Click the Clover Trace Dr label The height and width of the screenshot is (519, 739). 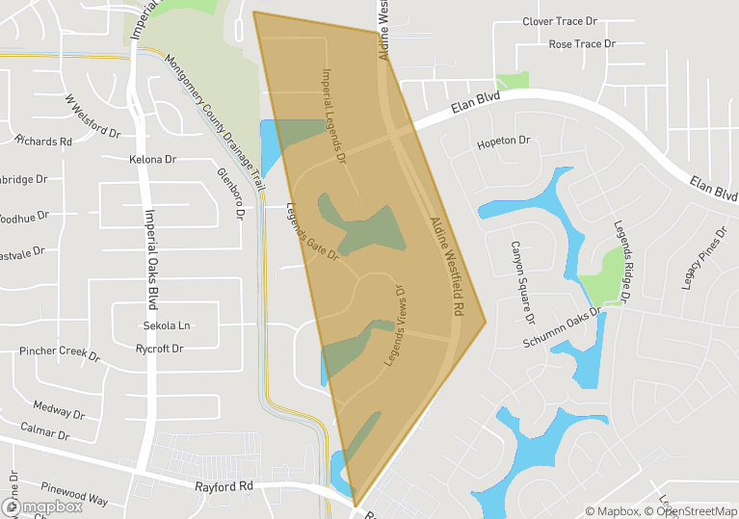pos(560,20)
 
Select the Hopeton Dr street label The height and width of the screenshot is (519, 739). pos(504,142)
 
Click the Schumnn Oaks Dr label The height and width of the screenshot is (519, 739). pos(564,328)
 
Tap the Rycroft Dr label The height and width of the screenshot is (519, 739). pos(159,348)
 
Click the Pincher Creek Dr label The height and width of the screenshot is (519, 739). pos(59,352)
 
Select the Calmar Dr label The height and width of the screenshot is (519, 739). pos(45,429)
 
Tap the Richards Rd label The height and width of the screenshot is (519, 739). pos(44,141)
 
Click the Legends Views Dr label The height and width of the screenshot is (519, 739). pos(398,324)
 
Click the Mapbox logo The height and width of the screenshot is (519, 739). pos(46,506)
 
